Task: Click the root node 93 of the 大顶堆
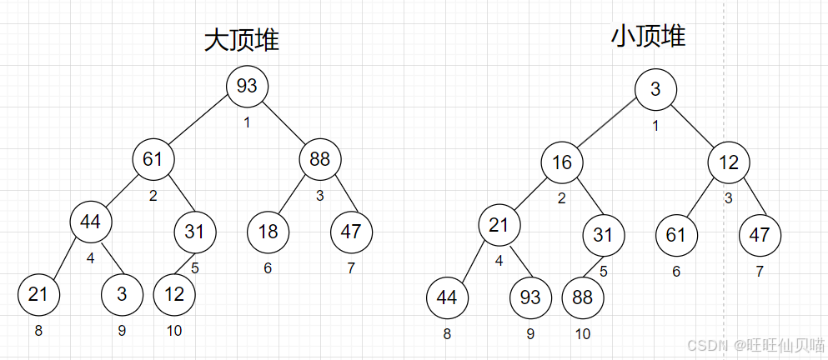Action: coord(248,86)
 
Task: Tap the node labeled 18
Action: coord(268,232)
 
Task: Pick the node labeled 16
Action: coord(562,162)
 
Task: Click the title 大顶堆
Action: coord(242,41)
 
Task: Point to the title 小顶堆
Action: coord(648,36)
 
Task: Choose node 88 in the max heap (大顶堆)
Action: coord(320,159)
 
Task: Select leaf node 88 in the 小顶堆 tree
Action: coord(583,297)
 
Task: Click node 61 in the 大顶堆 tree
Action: coord(153,159)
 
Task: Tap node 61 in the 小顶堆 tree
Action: coord(676,234)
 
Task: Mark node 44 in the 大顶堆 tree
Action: coord(91,222)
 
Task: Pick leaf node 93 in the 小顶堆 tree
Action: coord(530,297)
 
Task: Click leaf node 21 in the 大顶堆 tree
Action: coord(38,293)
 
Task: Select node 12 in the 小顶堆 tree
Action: coord(730,162)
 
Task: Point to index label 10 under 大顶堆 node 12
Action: coord(174,331)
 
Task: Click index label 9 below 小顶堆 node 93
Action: coord(531,335)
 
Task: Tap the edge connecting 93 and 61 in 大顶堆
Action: coord(200,122)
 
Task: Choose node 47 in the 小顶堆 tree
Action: coord(760,234)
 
